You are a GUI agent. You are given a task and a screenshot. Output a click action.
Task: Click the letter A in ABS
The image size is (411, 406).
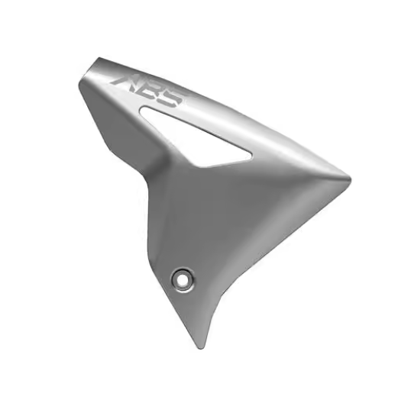tap(125, 79)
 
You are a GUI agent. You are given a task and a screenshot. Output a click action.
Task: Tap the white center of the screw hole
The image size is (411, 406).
tap(183, 279)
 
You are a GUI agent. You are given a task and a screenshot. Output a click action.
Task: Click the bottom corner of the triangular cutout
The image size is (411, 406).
tap(200, 163)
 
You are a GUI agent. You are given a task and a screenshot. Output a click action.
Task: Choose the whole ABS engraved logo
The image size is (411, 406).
tap(148, 89)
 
